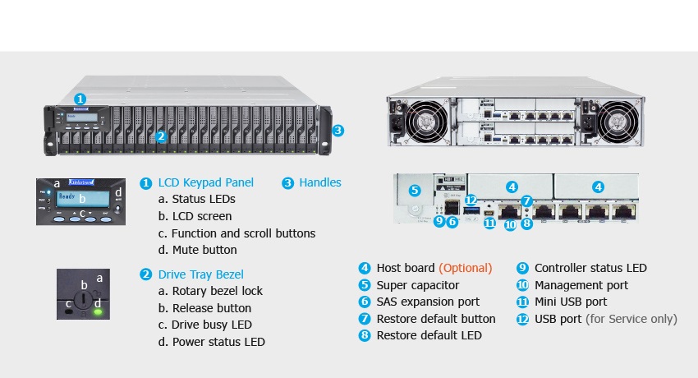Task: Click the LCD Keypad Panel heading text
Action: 205,182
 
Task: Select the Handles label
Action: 319,182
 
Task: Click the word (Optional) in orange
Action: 465,268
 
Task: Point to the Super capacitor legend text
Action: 417,285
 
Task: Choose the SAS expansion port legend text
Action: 428,302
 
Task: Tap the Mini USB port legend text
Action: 573,302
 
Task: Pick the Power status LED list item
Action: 211,342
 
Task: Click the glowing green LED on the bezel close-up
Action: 99,311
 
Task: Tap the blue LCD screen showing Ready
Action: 82,199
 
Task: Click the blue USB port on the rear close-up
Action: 471,213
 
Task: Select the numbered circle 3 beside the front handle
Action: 338,130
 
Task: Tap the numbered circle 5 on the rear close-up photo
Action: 414,191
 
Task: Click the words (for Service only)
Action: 631,319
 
